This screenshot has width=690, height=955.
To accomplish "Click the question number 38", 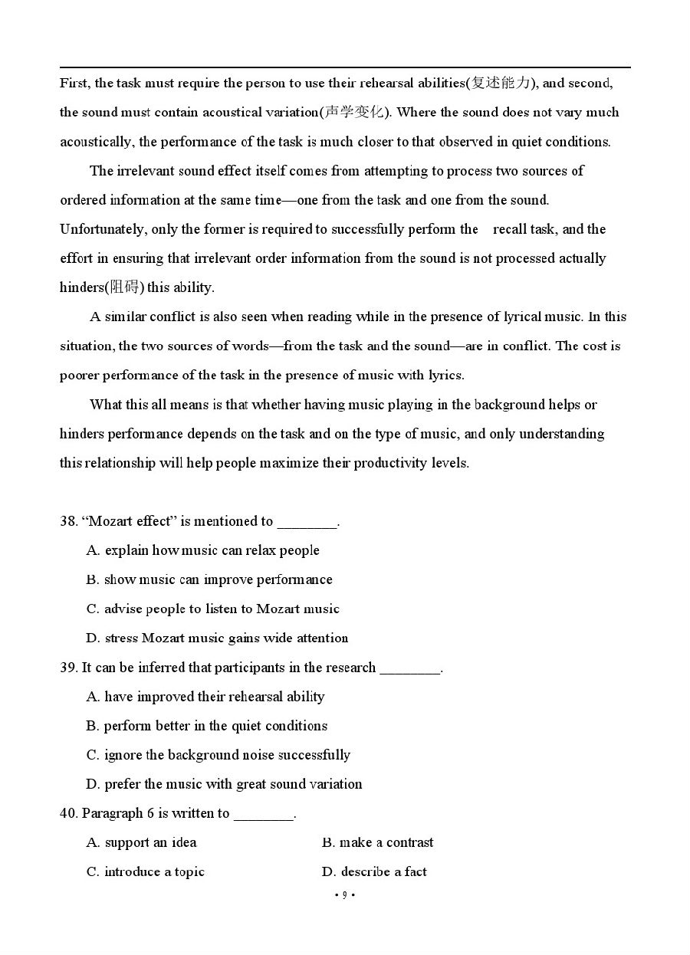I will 68,521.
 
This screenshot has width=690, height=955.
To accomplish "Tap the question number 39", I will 68,668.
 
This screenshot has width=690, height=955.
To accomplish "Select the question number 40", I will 68,813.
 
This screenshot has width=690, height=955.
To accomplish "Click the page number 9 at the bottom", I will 344,894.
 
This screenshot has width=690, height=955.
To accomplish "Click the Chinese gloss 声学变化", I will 353,112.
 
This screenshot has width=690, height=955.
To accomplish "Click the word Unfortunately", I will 103,229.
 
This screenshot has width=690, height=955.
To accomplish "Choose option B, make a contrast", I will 377,842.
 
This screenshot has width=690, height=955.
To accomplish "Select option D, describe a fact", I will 374,871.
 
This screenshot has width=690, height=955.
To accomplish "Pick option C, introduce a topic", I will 146,871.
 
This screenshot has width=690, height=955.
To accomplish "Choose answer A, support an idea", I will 142,842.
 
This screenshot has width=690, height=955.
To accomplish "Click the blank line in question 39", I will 410,669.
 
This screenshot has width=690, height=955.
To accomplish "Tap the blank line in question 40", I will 264,815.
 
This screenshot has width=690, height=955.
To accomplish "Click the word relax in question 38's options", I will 259,550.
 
